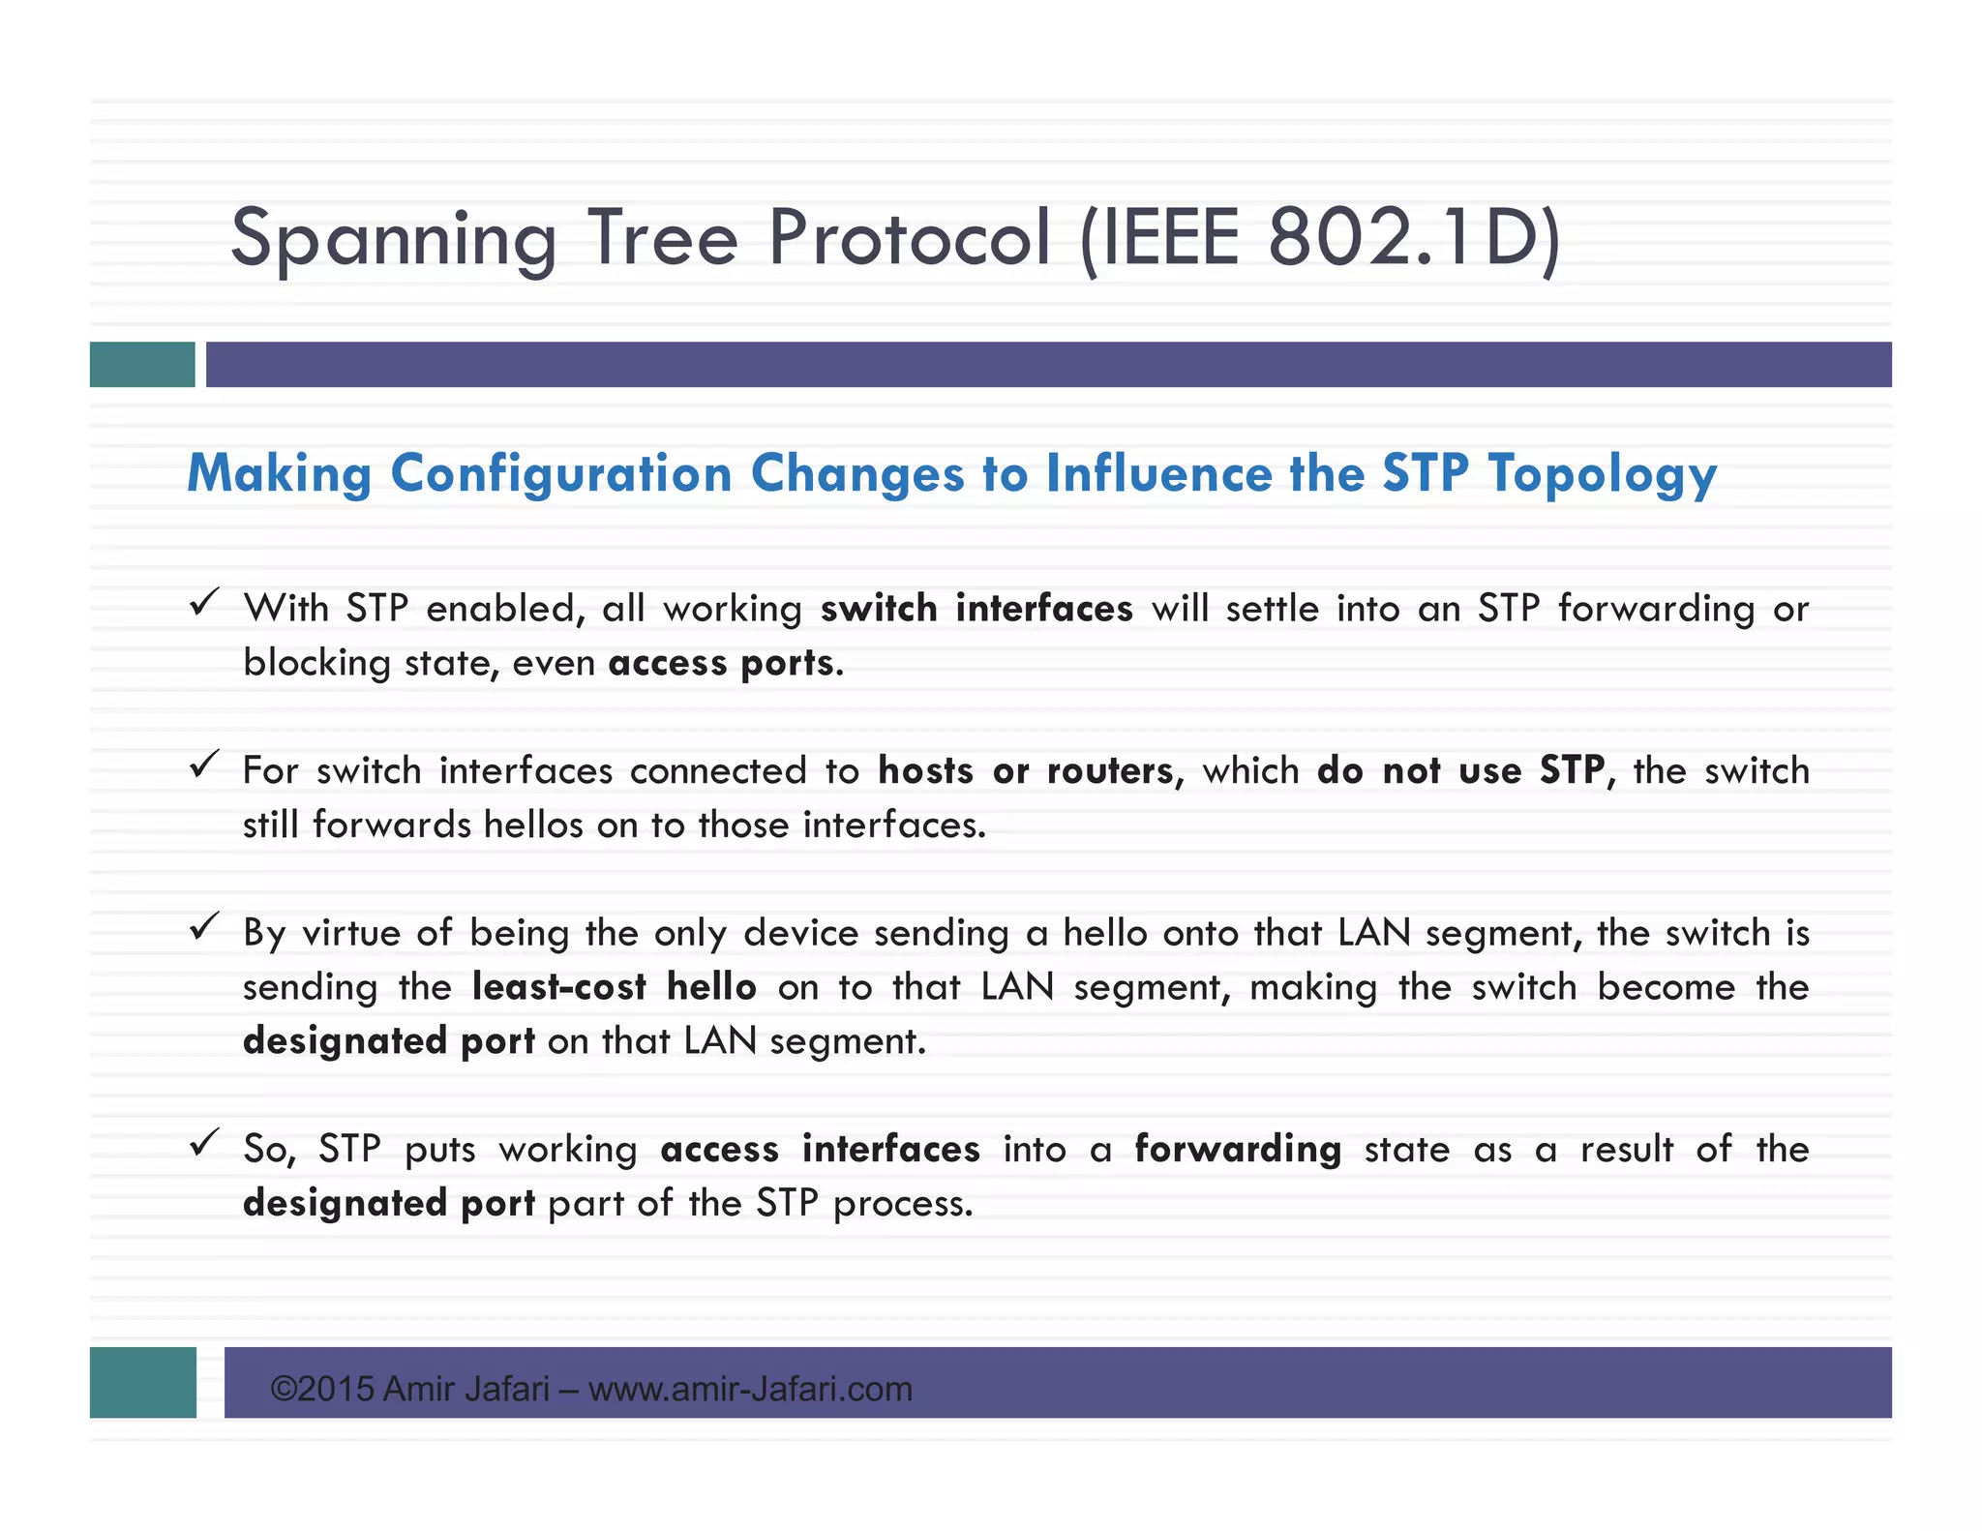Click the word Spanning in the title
point(394,239)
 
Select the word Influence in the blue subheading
point(1159,474)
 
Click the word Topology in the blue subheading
point(1603,474)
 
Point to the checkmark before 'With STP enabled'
point(204,603)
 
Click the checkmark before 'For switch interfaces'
point(204,765)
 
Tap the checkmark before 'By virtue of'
point(204,927)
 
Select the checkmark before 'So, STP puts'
point(204,1144)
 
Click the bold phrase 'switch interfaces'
point(976,609)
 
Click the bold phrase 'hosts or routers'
point(1026,771)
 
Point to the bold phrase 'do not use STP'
point(1460,771)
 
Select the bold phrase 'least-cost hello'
point(614,987)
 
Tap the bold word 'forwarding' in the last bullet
point(1238,1150)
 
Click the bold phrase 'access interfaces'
point(820,1150)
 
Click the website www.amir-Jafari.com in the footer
point(750,1390)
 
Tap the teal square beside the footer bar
point(143,1382)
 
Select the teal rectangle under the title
point(142,365)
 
